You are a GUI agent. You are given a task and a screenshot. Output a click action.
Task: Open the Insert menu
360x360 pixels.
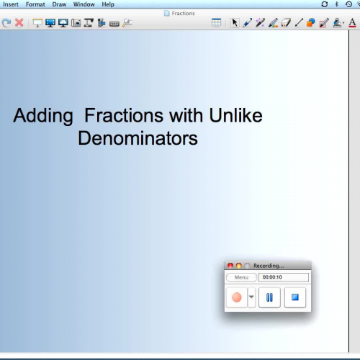coord(11,4)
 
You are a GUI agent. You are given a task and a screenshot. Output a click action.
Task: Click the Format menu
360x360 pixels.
coord(35,4)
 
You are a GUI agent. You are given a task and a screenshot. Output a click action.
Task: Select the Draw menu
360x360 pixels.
coord(59,4)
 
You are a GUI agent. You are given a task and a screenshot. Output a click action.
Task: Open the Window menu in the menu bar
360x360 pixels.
coord(84,4)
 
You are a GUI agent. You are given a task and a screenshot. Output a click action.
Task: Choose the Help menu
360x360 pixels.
coord(108,4)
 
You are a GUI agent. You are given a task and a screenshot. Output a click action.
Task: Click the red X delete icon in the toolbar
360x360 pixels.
coord(19,23)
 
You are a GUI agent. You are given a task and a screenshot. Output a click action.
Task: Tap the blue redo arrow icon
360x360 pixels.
coord(6,23)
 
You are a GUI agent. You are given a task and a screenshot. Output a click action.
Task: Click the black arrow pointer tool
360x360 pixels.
coord(234,23)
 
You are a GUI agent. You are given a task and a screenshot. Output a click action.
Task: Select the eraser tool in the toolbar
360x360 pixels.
coord(286,23)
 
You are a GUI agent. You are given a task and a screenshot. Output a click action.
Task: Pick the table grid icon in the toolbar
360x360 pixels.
coord(217,23)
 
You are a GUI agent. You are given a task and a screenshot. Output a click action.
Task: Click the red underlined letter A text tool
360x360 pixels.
coord(353,23)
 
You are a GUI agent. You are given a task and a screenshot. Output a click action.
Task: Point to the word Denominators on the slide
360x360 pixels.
coord(138,138)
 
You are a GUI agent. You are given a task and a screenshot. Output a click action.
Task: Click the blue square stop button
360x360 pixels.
coord(294,297)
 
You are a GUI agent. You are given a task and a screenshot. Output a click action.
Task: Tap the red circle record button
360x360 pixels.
coord(236,297)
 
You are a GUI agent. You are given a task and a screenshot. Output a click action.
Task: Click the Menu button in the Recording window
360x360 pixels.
coord(241,277)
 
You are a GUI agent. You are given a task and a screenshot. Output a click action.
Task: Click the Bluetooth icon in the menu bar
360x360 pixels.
coord(337,4)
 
